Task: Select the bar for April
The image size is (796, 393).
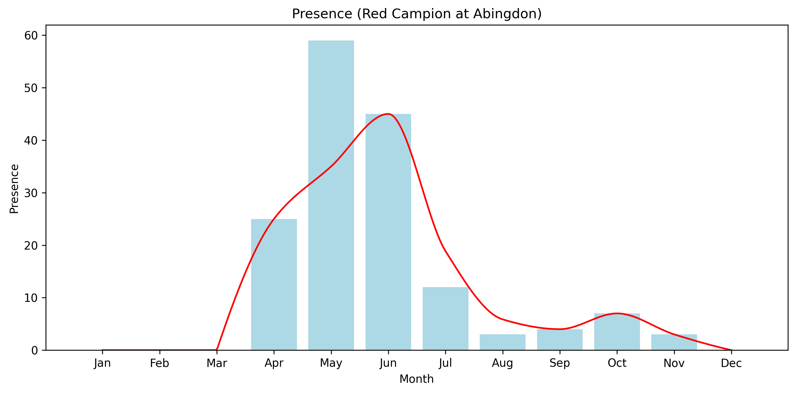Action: [274, 284]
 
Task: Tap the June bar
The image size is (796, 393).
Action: [388, 232]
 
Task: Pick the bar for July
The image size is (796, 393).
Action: [445, 318]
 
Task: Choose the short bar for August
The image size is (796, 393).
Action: [503, 342]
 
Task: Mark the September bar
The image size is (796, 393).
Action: [560, 340]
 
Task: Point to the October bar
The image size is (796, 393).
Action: [617, 332]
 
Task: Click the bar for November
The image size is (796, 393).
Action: [674, 342]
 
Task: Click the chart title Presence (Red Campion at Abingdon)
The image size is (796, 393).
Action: [416, 14]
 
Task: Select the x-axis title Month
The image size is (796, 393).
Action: [416, 379]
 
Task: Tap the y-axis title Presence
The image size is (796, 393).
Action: [14, 189]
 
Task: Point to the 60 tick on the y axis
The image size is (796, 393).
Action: [31, 36]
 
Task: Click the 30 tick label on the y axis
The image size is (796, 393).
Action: [31, 193]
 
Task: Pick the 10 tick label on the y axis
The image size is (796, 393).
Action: [31, 298]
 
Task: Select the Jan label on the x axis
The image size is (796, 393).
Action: [102, 363]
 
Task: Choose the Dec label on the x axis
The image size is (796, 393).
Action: [731, 363]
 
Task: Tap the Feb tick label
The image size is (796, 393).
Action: [159, 363]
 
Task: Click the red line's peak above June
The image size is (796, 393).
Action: [388, 114]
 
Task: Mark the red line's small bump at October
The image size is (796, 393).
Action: [617, 313]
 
